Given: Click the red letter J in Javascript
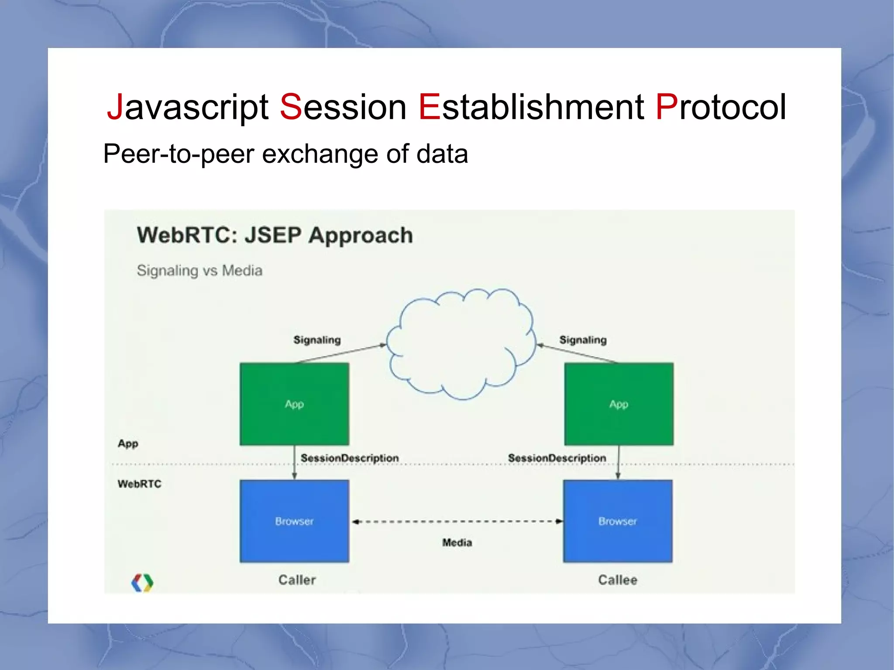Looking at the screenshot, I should [115, 107].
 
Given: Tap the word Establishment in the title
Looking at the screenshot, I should [531, 107].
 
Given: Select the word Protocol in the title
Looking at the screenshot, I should [721, 107].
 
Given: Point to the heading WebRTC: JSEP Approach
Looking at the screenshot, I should [275, 235].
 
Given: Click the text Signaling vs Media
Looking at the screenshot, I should [199, 271].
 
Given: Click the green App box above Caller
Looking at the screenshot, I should [294, 404].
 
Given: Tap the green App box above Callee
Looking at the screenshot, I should [619, 404].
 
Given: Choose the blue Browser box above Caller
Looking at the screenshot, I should [294, 521].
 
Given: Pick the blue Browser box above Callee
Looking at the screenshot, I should [618, 521].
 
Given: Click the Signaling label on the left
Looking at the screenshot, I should [317, 340].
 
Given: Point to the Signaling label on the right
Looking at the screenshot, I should [583, 340].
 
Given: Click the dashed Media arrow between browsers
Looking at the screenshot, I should [457, 522].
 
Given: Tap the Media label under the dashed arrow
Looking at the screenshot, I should [457, 543].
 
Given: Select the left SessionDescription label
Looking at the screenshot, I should [350, 458].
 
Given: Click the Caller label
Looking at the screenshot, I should [297, 580].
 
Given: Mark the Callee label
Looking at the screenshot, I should [617, 580].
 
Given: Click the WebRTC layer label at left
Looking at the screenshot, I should [139, 484].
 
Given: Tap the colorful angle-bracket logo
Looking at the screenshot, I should [142, 583].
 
